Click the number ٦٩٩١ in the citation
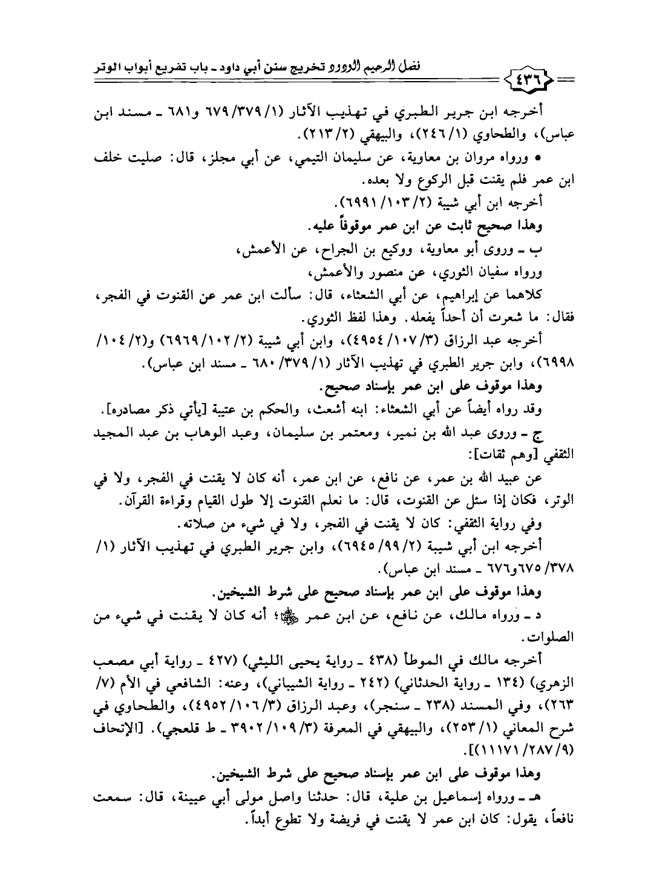coord(361,201)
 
